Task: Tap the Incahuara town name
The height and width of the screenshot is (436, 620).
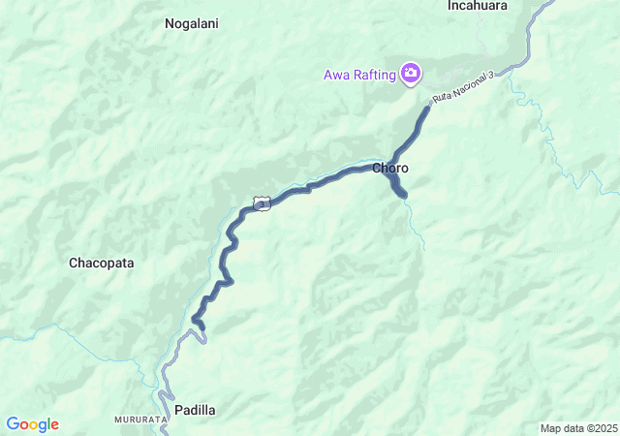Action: [479, 6]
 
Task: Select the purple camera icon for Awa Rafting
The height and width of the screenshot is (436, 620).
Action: [412, 73]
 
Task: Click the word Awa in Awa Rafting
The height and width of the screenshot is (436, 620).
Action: [338, 74]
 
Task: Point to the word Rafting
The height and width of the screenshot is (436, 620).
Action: [376, 74]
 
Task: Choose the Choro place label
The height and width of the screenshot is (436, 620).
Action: [390, 169]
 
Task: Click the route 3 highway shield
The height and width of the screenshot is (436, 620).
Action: [261, 202]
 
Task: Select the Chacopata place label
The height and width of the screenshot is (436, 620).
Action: [101, 263]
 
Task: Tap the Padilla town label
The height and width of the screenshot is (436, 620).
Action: [195, 410]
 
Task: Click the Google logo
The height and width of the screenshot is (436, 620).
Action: [32, 424]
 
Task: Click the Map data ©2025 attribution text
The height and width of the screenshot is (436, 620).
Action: [577, 428]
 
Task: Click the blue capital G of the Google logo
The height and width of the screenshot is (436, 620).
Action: [13, 424]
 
